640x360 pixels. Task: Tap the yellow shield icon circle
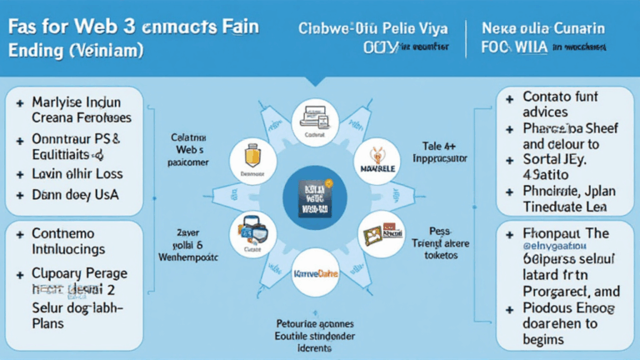[x=252, y=158]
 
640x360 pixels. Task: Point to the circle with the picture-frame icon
[x=380, y=235]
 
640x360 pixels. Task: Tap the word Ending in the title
[x=36, y=50]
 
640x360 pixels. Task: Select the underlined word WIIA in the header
[x=531, y=48]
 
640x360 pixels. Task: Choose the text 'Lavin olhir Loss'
[x=77, y=173]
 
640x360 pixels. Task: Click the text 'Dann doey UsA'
[x=74, y=194]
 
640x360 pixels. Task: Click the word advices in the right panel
[x=546, y=112]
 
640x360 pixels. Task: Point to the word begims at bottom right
[x=543, y=339]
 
